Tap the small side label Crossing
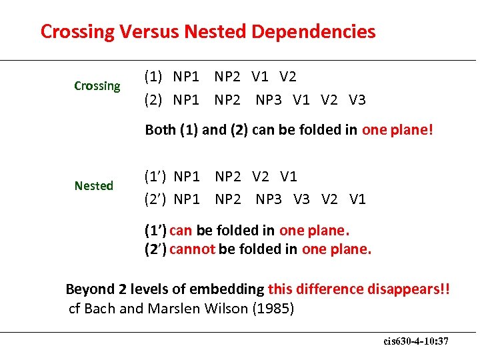coord(97,86)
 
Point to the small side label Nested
coord(94,186)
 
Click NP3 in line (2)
coord(269,100)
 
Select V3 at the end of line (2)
coord(357,100)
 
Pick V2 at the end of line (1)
coord(288,77)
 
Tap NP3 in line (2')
coord(269,199)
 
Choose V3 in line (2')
coord(301,199)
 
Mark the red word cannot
coord(192,249)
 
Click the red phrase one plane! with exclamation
coord(397,130)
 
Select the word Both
coord(161,130)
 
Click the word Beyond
coord(90,289)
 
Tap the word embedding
coord(227,289)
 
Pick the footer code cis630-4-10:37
coord(416,341)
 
